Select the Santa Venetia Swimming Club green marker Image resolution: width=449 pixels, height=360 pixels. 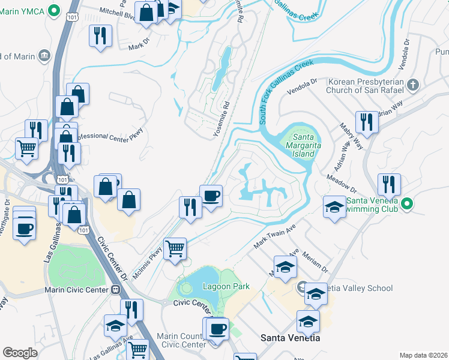click(x=408, y=204)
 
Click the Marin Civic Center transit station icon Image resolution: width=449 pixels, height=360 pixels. click(x=115, y=290)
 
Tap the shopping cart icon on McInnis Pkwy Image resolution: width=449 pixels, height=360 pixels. click(x=174, y=248)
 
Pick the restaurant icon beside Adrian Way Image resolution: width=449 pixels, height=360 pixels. click(x=366, y=122)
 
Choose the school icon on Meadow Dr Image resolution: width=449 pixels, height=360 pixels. click(x=334, y=207)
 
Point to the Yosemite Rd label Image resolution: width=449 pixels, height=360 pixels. click(x=222, y=119)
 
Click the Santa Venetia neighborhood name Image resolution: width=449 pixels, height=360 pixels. click(x=290, y=338)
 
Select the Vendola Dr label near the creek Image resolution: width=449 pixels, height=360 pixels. click(x=302, y=88)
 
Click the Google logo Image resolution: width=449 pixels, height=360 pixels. click(x=20, y=353)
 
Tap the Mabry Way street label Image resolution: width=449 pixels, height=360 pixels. click(x=351, y=135)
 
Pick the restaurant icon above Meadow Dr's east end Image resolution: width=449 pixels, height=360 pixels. click(x=390, y=184)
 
